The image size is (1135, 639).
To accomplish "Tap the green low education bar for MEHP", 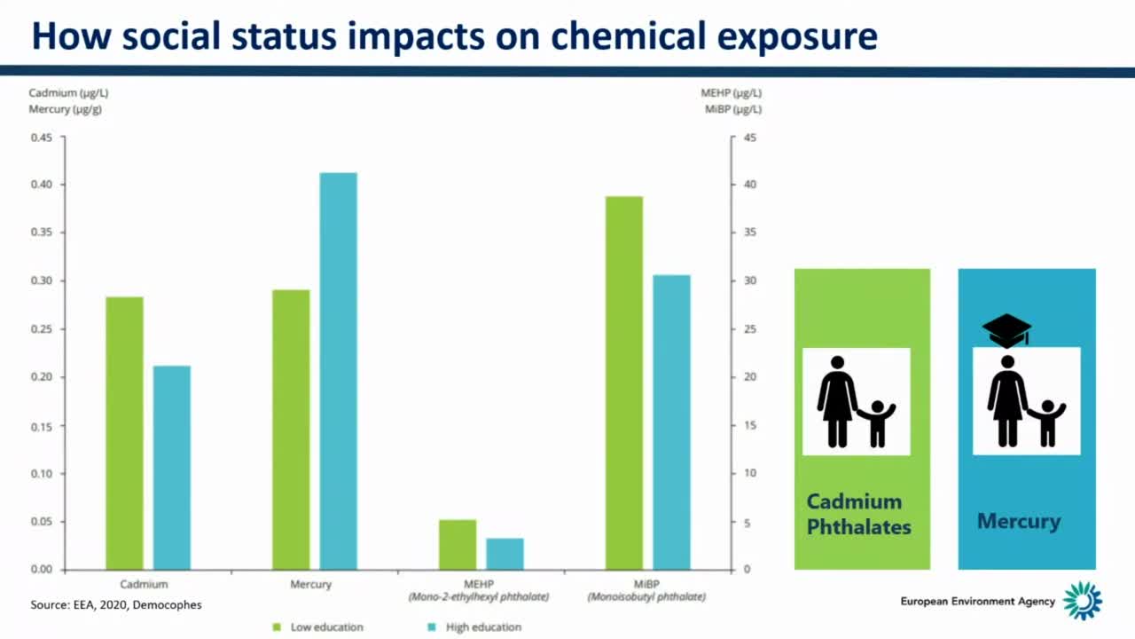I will [x=458, y=544].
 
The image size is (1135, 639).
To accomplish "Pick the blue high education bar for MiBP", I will [x=671, y=422].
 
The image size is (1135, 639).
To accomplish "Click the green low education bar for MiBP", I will [x=624, y=383].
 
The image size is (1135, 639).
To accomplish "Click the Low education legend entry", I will [x=319, y=627].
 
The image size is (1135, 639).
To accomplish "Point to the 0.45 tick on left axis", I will [x=42, y=138].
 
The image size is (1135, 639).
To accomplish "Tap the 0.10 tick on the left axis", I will [x=42, y=473].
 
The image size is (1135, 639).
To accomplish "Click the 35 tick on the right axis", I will [x=750, y=233].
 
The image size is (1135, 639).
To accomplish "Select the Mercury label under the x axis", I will [x=310, y=585].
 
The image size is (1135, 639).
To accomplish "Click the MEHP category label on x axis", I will [x=479, y=585].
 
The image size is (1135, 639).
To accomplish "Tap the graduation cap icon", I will [x=1006, y=330].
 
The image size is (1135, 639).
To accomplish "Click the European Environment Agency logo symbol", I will [x=1083, y=601].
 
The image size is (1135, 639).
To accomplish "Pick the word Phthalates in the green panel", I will [x=858, y=527].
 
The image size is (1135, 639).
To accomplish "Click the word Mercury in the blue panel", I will [x=1019, y=521].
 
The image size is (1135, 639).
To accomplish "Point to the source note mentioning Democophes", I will [x=116, y=605].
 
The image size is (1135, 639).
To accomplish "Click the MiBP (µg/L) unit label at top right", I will [x=732, y=110].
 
